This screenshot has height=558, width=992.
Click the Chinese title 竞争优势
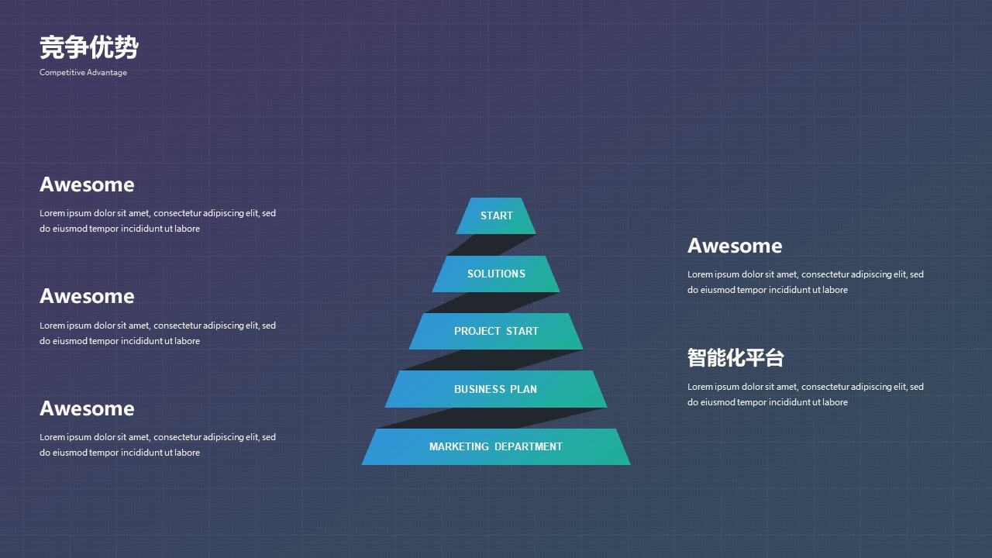89,47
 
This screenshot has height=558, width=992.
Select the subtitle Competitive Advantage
83,72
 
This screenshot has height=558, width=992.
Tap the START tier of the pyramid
496,215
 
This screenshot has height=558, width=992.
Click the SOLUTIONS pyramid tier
496,274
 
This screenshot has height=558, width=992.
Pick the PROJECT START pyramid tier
496,331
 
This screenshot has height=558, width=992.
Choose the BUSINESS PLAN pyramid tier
496,389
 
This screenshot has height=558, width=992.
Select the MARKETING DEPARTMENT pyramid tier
496,446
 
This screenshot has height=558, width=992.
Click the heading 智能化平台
735,358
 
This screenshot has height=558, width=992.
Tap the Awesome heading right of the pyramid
735,246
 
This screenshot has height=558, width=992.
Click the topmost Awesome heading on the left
87,184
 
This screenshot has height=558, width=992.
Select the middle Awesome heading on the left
87,296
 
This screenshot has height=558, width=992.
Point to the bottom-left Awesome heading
87,408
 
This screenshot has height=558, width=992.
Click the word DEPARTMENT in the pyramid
529,446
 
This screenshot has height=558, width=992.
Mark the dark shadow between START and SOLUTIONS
491,245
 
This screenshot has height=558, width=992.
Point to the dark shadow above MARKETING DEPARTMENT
491,418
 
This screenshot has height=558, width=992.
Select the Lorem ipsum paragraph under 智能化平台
805,394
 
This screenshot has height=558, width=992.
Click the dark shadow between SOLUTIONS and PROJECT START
491,302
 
